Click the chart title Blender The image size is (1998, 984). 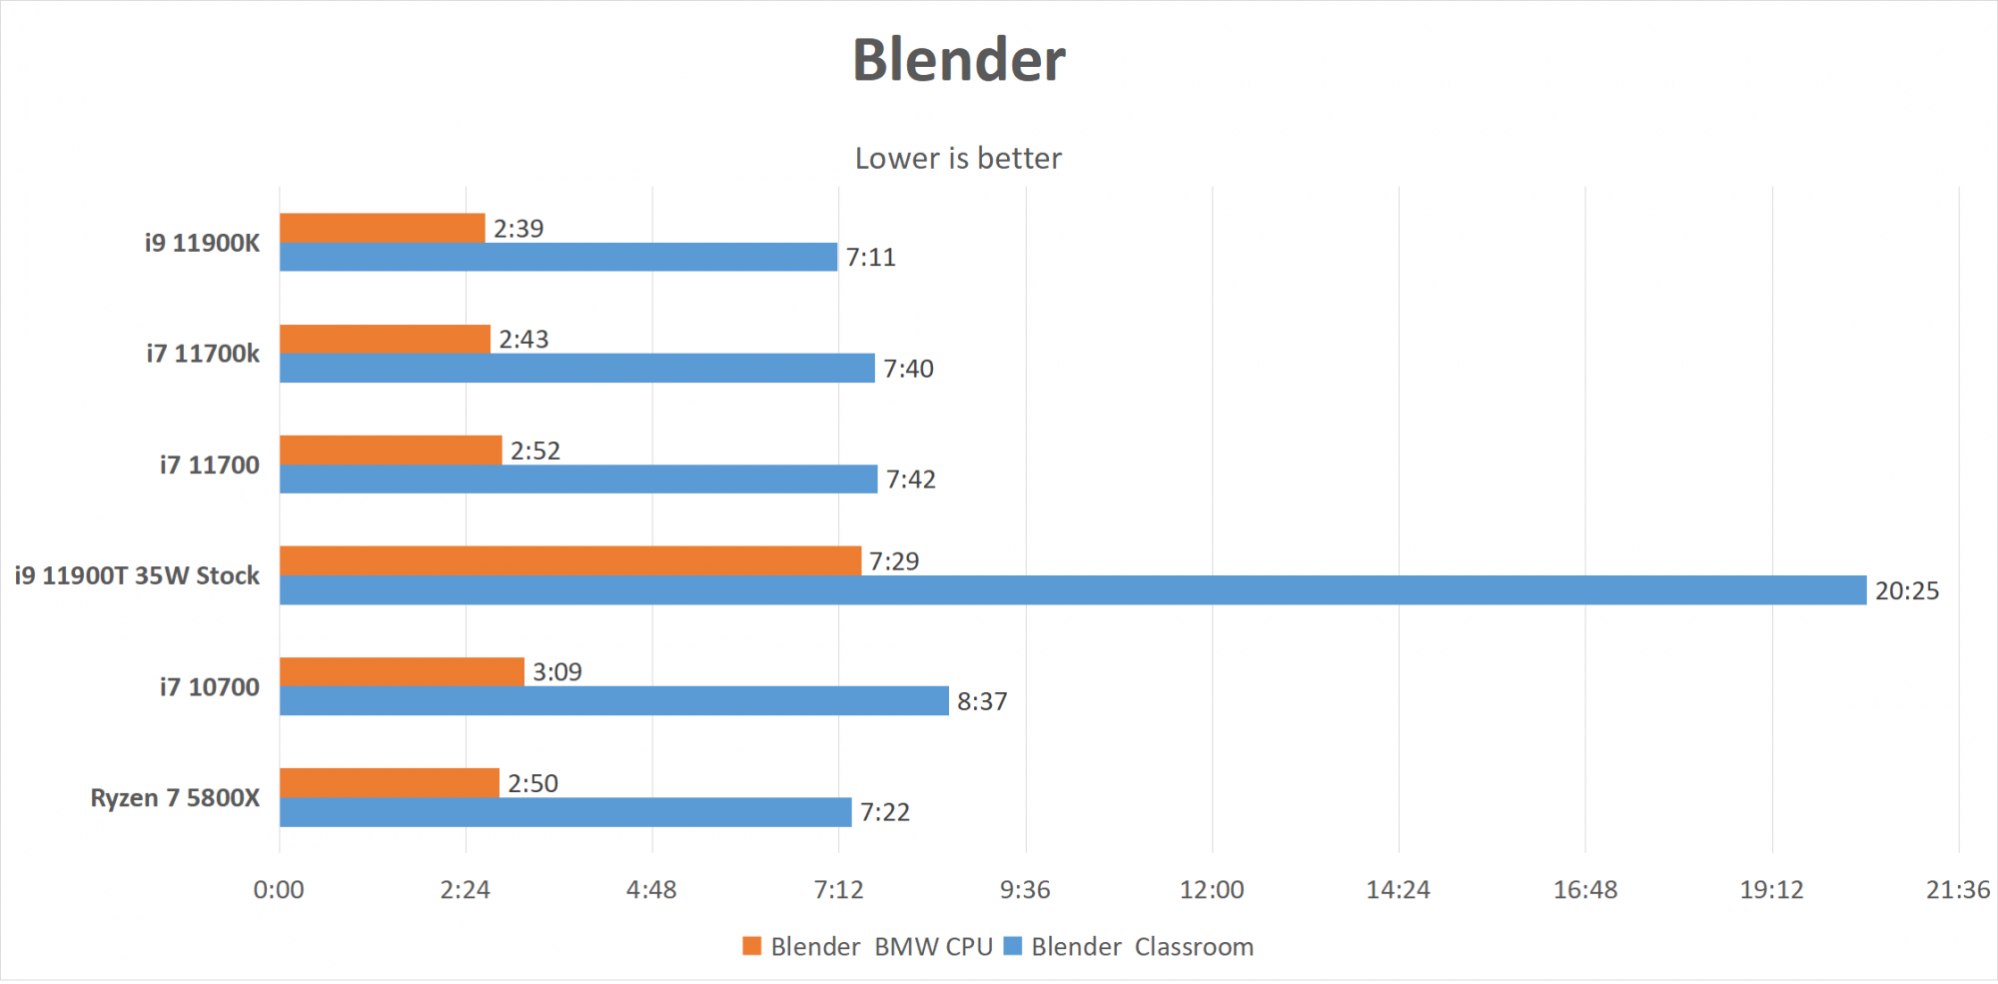tap(958, 60)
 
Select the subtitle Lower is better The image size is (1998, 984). tap(958, 158)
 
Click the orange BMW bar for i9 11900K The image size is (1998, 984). tap(382, 228)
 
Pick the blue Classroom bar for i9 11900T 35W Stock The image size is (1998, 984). tap(1072, 590)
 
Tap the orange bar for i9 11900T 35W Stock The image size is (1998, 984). tap(569, 560)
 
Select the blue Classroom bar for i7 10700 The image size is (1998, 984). tap(613, 701)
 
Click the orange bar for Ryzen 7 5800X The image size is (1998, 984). tap(389, 783)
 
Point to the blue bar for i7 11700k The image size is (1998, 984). tap(576, 369)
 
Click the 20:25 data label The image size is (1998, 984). tap(1906, 591)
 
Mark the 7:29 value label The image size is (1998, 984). tap(894, 561)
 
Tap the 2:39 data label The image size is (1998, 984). tap(518, 229)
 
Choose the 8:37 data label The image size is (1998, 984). tap(982, 701)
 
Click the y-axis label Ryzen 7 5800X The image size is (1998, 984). tap(175, 798)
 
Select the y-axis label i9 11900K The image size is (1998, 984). tap(202, 243)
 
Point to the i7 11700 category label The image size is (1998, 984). tap(209, 465)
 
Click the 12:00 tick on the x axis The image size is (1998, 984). tap(1212, 890)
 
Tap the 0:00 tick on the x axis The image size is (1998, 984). tap(279, 890)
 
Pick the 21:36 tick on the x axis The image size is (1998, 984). tap(1958, 890)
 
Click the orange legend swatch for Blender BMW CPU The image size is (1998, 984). tap(752, 946)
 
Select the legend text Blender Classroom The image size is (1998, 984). tap(1142, 947)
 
